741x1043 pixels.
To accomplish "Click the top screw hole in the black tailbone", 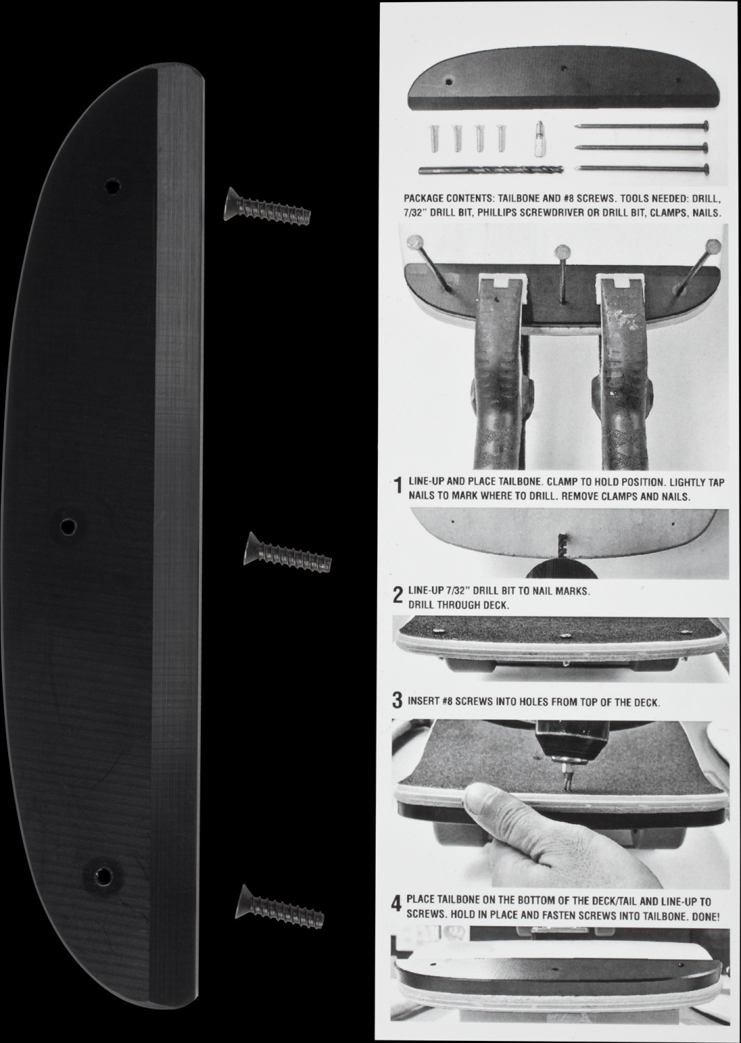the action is [x=111, y=187].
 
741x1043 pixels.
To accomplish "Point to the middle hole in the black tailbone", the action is [x=68, y=526].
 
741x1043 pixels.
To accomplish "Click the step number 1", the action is [x=397, y=486].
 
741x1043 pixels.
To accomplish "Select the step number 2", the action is [x=397, y=595].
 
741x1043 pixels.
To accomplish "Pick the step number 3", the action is [x=397, y=701].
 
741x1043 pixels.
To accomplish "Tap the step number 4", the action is [x=396, y=905].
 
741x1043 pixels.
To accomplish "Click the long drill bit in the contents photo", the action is [x=491, y=170].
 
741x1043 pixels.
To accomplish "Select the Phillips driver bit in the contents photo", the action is [x=539, y=138].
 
